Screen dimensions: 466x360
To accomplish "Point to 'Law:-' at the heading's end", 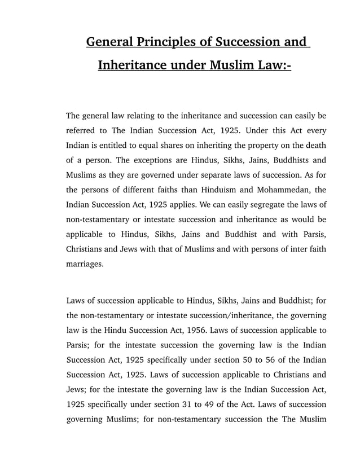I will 272,65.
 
